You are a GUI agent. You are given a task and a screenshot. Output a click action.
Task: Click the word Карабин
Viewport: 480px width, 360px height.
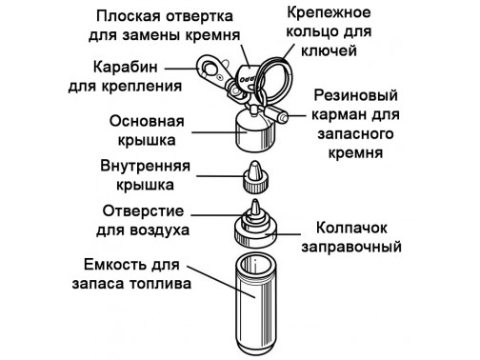point(126,68)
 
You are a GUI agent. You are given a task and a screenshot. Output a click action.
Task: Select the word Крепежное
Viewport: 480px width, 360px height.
point(329,13)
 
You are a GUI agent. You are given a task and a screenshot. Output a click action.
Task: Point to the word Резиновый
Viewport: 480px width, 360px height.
point(355,95)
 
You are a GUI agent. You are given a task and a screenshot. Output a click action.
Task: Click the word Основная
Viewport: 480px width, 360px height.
point(147,121)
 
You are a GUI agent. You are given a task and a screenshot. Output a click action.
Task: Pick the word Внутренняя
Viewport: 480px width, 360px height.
point(145,166)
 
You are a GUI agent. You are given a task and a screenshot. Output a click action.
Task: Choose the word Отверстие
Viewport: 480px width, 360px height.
point(143,210)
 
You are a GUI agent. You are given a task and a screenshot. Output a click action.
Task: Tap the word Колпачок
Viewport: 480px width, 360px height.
point(351,228)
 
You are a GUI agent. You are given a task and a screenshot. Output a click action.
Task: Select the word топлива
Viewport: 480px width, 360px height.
point(160,284)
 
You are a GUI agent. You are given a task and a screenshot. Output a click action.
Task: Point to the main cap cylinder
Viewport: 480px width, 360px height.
point(255,130)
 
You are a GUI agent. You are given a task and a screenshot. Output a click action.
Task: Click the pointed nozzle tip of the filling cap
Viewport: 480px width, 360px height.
point(255,207)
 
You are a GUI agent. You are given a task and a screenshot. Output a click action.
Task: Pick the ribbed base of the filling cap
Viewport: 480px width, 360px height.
point(255,236)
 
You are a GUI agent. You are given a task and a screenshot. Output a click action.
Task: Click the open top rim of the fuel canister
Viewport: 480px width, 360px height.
point(255,266)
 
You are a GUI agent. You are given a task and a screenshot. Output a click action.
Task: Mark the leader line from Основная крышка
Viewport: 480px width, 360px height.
point(220,132)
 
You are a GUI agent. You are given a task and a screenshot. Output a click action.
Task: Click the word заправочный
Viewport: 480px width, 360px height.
point(351,247)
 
